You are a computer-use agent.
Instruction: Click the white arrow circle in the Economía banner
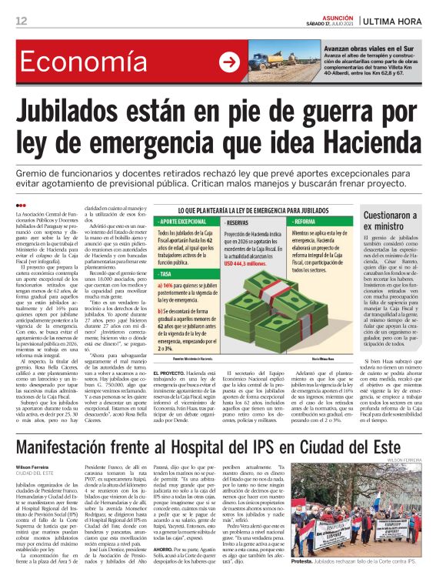[x=228, y=63]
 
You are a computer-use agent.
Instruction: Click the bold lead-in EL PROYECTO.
[x=174, y=373]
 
